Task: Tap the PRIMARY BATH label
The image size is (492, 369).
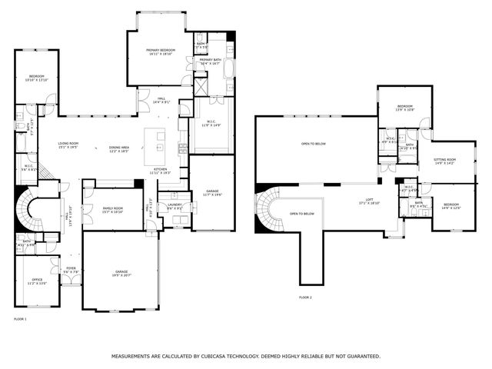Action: pos(210,60)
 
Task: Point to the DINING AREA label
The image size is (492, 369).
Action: pos(118,148)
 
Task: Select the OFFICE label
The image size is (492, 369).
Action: pos(36,281)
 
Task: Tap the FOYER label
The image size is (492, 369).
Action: pos(70,269)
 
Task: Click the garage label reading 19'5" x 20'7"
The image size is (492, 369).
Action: pos(121,271)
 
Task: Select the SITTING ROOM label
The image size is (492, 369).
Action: pos(444,160)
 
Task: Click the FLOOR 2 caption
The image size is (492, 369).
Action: pos(305,297)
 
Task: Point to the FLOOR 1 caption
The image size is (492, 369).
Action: pos(20,317)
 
